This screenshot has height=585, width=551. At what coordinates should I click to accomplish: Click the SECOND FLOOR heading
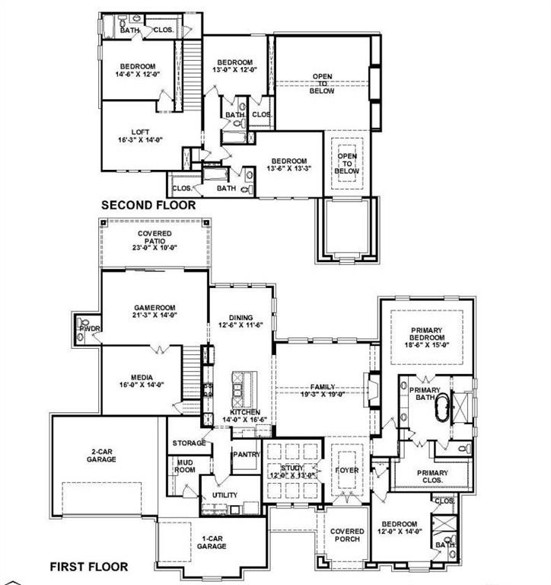[x=148, y=205]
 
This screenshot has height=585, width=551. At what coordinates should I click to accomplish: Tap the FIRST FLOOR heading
[x=89, y=567]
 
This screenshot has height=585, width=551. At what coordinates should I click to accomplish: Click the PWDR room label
[x=82, y=330]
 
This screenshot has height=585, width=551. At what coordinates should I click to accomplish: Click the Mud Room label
[x=184, y=466]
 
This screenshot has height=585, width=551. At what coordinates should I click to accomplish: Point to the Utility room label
[x=225, y=495]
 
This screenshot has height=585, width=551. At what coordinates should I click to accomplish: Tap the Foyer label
[x=346, y=470]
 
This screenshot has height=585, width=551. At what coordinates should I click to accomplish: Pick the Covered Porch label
[x=347, y=536]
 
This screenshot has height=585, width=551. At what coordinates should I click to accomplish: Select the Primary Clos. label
[x=432, y=478]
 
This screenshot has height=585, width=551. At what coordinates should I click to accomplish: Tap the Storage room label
[x=188, y=443]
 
